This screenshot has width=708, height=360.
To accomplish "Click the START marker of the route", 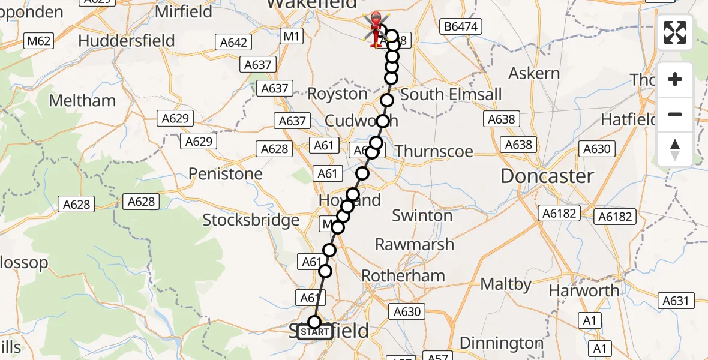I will pos(314,332).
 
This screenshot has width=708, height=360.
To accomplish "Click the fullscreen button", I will pos(675,32).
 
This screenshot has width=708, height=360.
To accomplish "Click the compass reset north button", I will pos(675,149).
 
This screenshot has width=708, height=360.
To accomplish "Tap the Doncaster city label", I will pos(547,176).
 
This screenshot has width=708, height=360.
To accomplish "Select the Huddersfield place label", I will pos(127,41).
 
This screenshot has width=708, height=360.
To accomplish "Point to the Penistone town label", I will pos(226,174).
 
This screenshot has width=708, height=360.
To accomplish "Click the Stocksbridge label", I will pos(251,220).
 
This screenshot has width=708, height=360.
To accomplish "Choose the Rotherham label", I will pos(403,276).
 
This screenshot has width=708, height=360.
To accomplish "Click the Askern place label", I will pos(534,73).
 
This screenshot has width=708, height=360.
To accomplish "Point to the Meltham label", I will pos(82,100).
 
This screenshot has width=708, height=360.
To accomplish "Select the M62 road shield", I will pos(39,41).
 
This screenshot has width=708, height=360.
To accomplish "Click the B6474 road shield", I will pos(460,26).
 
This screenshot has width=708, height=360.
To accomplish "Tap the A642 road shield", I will pos(233,42).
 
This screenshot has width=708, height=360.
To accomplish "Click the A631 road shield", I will pos(675,301).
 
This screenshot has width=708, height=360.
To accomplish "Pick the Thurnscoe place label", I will pos(434,151).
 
